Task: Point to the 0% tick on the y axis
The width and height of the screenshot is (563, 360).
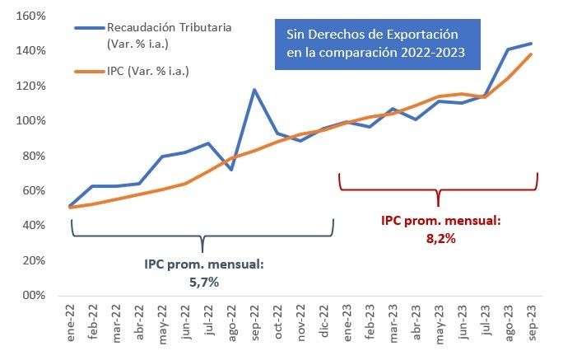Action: [x=32, y=295]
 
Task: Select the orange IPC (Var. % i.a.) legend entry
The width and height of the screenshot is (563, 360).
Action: [x=143, y=71]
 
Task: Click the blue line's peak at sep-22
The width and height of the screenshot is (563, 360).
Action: [x=254, y=89]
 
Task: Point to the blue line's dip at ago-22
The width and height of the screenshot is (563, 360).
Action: [x=231, y=170]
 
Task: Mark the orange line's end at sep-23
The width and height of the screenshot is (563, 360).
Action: [x=530, y=54]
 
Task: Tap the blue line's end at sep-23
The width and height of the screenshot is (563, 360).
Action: [x=530, y=44]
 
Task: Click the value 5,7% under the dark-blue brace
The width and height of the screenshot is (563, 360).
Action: [x=202, y=281]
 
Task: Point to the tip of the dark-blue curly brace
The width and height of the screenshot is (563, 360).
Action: [x=202, y=248]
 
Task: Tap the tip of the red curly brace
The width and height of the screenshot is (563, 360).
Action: [x=439, y=203]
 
